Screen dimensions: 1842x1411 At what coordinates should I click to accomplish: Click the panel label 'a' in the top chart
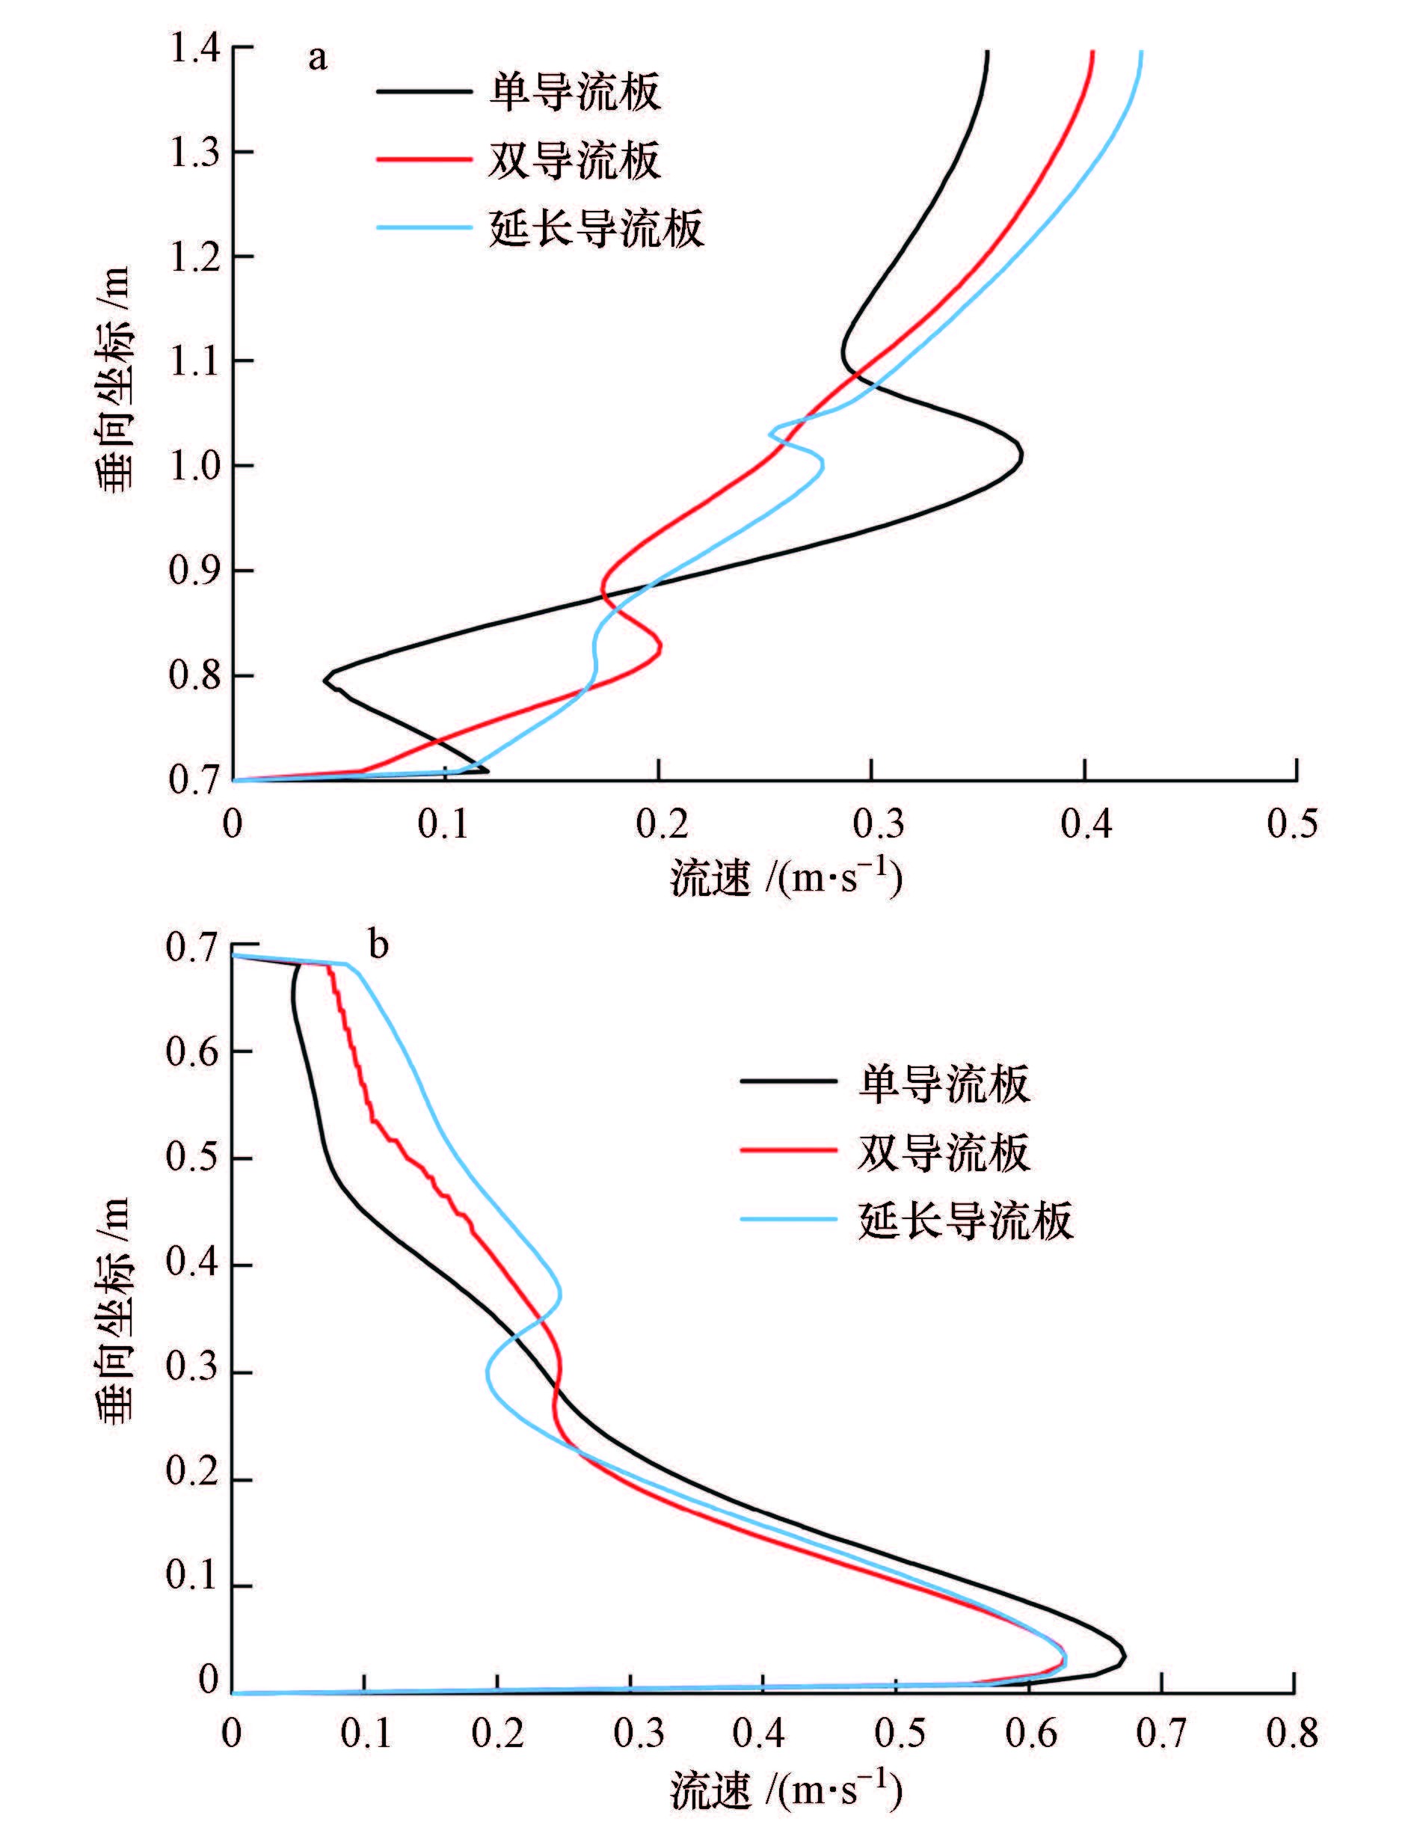(318, 58)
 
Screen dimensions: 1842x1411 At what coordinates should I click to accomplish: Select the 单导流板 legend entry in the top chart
(574, 91)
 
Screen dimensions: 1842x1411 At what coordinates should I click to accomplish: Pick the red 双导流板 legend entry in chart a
(574, 159)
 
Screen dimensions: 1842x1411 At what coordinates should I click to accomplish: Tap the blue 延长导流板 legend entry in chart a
(595, 227)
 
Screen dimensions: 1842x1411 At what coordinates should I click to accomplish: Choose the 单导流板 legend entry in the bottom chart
(942, 1084)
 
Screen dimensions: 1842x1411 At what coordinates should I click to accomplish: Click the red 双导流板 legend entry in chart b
(942, 1152)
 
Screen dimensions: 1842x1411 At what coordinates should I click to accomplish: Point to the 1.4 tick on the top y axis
(196, 49)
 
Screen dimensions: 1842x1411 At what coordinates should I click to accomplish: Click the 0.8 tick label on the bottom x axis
(1293, 1732)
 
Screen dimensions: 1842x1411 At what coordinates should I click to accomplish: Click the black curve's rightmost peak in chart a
(1021, 456)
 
